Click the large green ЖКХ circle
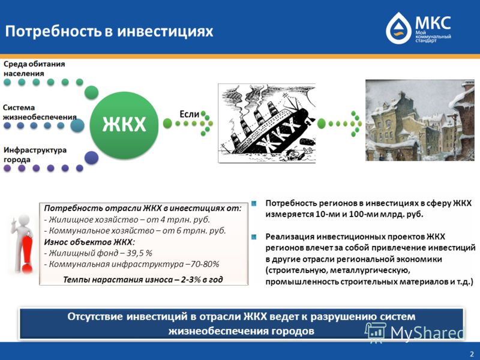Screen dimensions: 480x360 [124, 125]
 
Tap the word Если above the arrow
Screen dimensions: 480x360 [189, 114]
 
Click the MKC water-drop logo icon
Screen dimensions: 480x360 [398, 28]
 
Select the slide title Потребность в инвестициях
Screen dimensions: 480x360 [109, 32]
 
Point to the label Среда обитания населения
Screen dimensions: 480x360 [34, 68]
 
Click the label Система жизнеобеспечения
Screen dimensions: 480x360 [40, 112]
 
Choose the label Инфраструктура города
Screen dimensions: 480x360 [35, 155]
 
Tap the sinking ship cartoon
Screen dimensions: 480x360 [266, 123]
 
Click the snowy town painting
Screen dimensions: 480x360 [419, 120]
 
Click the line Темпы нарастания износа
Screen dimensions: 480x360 [143, 280]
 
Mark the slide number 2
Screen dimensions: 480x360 [472, 354]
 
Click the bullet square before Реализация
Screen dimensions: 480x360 [254, 236]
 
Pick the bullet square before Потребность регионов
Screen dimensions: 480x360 [254, 203]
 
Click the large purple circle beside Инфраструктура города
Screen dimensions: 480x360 [91, 158]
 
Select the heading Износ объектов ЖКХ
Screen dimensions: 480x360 [89, 242]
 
